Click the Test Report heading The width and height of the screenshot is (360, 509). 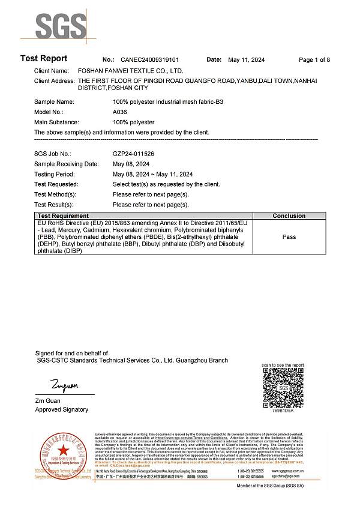coord(44,59)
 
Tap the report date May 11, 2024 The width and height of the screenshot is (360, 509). coord(247,60)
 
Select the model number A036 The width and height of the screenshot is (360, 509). coord(119,112)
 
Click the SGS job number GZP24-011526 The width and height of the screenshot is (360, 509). coord(133,154)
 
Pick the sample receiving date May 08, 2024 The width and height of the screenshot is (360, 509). coord(131,164)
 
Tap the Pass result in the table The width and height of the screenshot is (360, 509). coord(289,237)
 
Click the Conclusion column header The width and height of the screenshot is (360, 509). coord(289,215)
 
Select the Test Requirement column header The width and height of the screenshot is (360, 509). coord(63,215)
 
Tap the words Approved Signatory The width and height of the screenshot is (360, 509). coord(62,409)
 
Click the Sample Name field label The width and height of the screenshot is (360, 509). coord(54,102)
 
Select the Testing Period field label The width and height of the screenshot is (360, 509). coord(56,174)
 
